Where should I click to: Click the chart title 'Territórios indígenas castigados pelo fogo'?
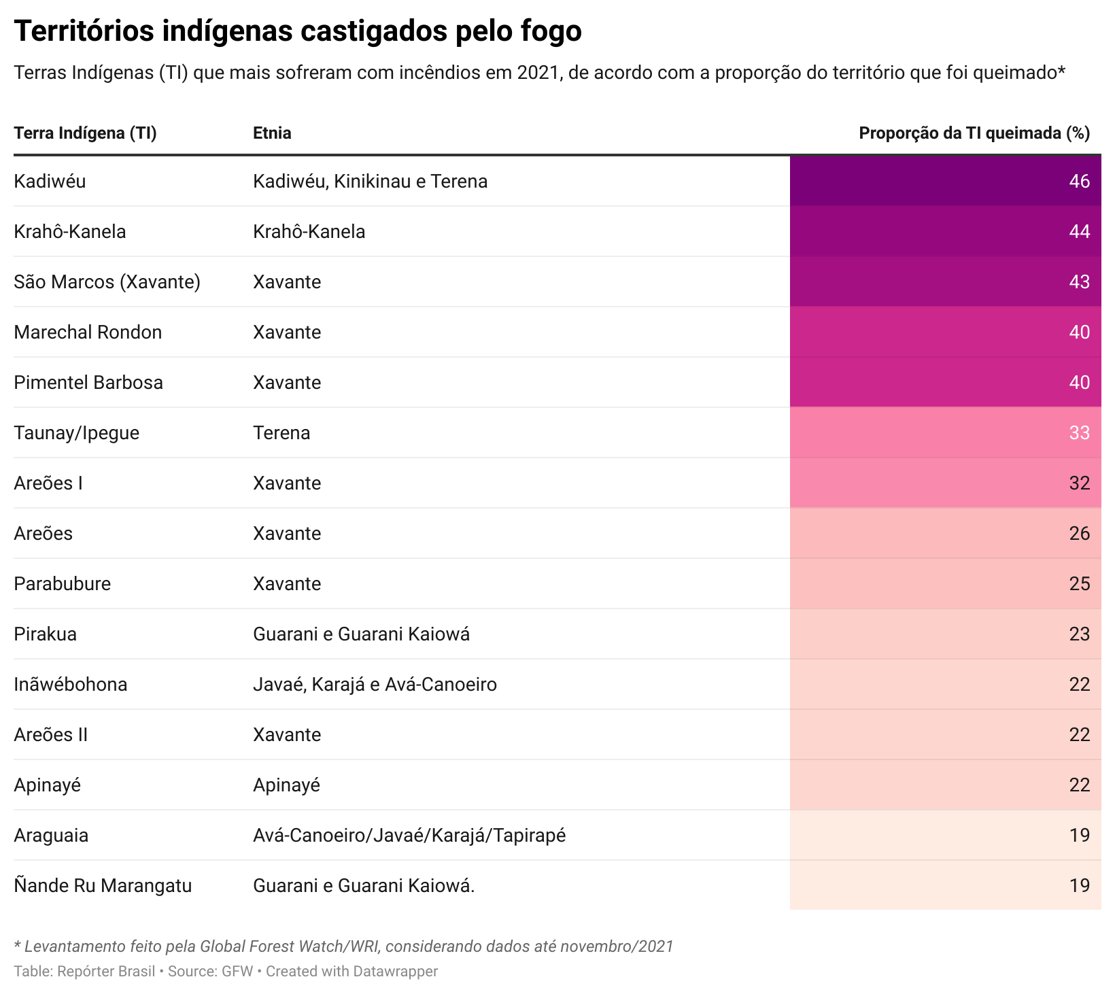298,31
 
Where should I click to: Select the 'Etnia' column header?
272,133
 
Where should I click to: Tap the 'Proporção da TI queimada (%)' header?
974,133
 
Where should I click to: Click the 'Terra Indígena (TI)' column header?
85,133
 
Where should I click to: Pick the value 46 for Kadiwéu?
1079,182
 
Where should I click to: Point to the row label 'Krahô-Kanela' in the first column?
70,232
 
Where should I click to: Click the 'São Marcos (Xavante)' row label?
107,282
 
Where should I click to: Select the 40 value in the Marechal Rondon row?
1079,332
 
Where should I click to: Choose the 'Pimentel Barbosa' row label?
88,383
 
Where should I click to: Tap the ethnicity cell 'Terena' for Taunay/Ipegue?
281,433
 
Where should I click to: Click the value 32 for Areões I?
1079,483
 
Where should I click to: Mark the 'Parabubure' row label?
62,584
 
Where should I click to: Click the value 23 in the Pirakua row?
1079,634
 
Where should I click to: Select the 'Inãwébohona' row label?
71,685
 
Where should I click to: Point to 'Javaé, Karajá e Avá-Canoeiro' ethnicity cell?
375,685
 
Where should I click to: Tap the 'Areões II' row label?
51,735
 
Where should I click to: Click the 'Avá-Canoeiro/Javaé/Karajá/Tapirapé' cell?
409,836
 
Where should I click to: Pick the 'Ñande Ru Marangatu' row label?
103,886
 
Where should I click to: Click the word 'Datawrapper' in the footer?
395,972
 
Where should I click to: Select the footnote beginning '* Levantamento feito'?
343,946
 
